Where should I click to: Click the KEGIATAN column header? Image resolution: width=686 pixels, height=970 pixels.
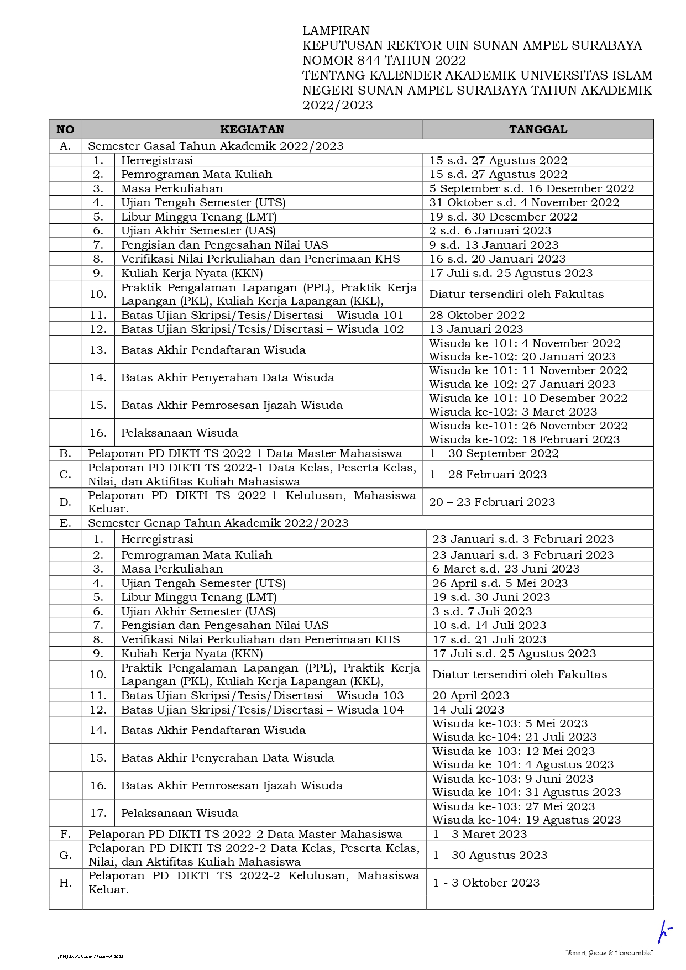click(252, 129)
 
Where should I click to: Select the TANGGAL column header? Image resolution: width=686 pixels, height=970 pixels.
click(538, 129)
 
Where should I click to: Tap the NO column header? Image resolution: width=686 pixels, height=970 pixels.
click(65, 129)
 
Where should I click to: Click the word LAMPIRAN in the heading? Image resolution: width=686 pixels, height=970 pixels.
click(336, 30)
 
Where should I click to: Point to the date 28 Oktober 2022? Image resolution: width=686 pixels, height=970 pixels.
click(477, 315)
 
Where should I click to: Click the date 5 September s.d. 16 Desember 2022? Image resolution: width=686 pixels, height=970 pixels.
click(532, 188)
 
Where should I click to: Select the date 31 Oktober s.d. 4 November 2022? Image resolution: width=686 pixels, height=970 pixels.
click(524, 202)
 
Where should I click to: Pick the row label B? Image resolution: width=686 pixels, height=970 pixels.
click(65, 453)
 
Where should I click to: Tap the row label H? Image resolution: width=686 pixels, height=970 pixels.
click(65, 883)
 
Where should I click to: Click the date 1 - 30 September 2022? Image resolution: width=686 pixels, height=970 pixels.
click(494, 453)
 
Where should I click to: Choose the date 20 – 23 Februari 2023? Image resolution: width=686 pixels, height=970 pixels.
click(492, 502)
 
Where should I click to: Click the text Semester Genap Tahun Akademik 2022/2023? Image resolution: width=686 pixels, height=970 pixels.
click(218, 523)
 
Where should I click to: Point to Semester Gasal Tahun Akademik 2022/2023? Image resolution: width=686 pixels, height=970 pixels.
click(216, 146)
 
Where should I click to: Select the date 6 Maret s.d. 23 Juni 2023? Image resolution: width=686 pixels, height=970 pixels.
click(506, 569)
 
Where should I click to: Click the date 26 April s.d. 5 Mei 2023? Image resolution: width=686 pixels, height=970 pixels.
click(500, 583)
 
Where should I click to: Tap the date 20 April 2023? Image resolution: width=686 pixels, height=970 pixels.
click(470, 695)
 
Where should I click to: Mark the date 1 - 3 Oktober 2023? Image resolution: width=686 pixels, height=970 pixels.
click(486, 883)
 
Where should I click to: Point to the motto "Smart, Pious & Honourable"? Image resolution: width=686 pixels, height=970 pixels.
click(609, 953)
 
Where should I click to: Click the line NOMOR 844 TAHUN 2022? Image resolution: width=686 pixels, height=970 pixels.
click(384, 60)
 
